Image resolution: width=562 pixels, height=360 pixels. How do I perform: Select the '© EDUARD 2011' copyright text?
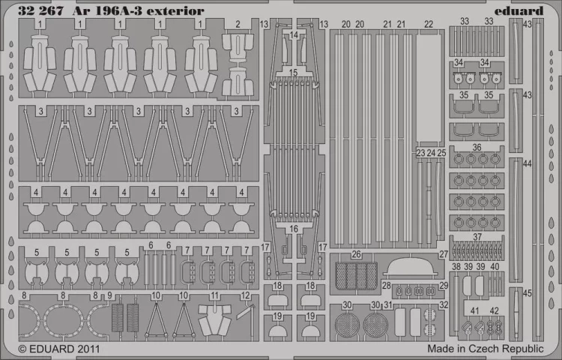[58, 349]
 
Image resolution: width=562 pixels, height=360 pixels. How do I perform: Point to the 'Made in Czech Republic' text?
[486, 349]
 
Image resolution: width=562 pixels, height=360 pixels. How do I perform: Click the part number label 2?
[237, 25]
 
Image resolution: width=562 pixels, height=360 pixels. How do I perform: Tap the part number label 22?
[428, 25]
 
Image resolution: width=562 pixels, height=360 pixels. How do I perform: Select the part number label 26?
[357, 254]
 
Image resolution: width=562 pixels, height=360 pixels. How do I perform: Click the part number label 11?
[215, 296]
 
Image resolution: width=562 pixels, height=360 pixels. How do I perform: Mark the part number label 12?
[246, 296]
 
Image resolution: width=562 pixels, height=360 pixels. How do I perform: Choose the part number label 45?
[528, 293]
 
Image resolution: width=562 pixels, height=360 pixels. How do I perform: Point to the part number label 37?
[477, 238]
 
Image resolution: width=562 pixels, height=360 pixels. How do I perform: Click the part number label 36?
[477, 147]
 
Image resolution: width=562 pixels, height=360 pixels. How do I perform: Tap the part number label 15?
[294, 73]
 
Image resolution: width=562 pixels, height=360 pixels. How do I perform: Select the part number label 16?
[294, 229]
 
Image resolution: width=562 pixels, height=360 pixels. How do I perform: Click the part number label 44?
[528, 163]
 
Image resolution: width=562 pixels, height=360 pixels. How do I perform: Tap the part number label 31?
[388, 305]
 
